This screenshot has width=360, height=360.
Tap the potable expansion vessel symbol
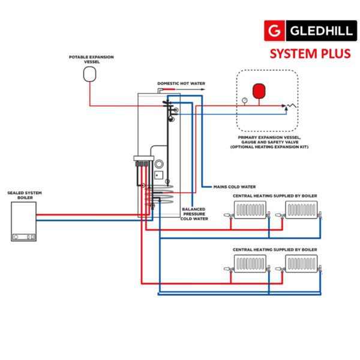pos(90,74)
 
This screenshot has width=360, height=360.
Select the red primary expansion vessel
pos(260,91)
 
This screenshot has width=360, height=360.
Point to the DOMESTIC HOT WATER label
pos(180,83)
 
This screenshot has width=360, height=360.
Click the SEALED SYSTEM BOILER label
pos(25,196)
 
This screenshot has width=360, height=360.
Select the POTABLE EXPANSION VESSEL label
pos(91,59)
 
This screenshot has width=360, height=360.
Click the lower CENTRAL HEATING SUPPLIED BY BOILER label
pos(275,249)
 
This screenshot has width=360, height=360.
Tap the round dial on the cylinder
pos(159,164)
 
